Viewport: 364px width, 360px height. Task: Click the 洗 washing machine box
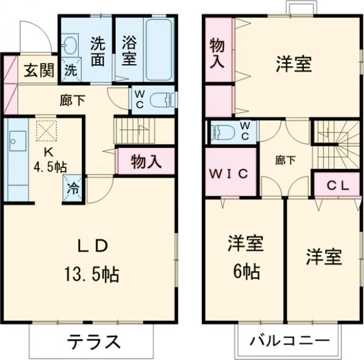(71, 70)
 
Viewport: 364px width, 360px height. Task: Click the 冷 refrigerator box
(73, 188)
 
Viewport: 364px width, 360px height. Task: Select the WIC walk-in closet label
(229, 174)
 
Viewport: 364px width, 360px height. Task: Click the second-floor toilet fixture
(221, 132)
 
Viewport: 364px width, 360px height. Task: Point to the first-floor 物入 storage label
(146, 161)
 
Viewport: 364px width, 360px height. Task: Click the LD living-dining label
(92, 245)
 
